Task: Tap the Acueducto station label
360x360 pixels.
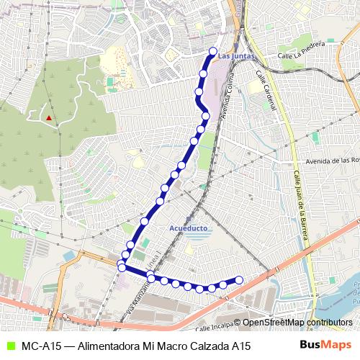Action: [188, 228]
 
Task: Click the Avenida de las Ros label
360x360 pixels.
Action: [332, 161]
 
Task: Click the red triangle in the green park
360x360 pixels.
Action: [48, 117]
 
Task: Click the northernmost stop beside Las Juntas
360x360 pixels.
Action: [212, 51]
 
